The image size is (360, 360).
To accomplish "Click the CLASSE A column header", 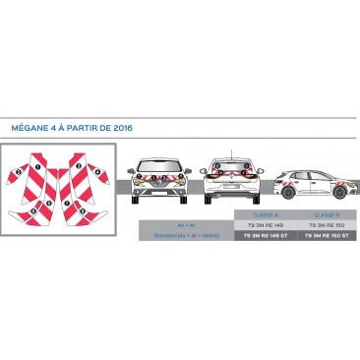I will pos(265,214).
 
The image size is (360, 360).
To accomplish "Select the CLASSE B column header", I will pos(328,214).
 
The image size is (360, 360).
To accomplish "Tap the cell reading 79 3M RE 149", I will pos(265,225).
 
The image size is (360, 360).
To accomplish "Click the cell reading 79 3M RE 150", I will pos(328,225).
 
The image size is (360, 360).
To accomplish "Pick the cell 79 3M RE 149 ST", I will pos(265,236).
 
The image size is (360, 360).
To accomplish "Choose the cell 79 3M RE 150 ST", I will pos(328,236).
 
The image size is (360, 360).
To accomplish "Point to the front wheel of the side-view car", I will pos(342,192).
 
